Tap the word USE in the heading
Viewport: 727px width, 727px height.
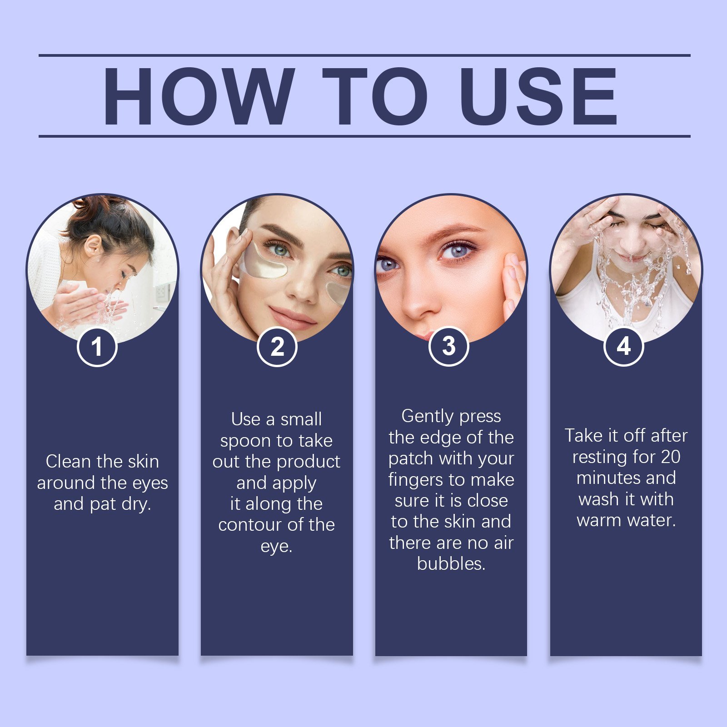(x=538, y=96)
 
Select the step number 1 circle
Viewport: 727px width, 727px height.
(x=97, y=346)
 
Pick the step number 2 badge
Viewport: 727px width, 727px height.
(x=277, y=346)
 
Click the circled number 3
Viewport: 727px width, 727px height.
(x=449, y=346)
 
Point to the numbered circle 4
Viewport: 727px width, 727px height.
(x=623, y=346)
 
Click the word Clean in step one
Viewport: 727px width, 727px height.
(x=68, y=461)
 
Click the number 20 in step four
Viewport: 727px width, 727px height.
(x=670, y=457)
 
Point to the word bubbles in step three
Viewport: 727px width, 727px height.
(x=451, y=563)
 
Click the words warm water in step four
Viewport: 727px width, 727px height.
(x=626, y=520)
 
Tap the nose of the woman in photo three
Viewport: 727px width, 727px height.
(x=420, y=302)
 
